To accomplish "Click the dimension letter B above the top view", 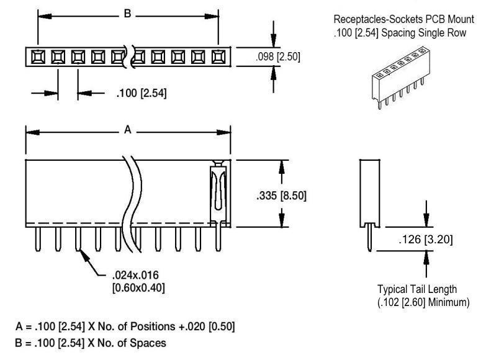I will [x=128, y=13].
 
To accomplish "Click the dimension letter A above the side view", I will [x=128, y=130].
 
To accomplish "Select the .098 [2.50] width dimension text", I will [x=278, y=56].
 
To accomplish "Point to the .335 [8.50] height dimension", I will [x=281, y=196].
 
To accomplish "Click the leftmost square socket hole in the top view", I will [x=38, y=57].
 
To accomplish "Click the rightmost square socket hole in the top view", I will [x=217, y=57].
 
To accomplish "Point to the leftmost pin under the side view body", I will [x=38, y=239].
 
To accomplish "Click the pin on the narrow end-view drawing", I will [x=371, y=240].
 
